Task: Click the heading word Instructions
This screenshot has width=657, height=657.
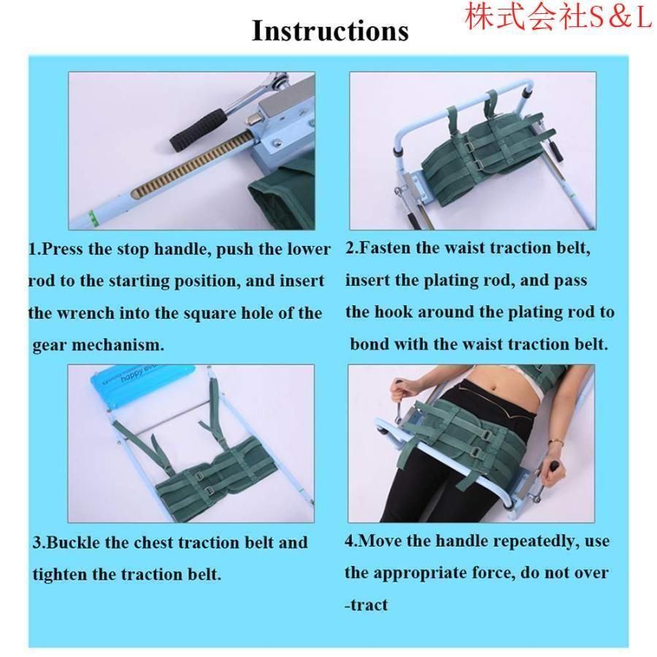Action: point(330,31)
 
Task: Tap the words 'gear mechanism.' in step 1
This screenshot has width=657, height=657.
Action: point(99,345)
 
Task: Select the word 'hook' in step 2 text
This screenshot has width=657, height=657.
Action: point(393,312)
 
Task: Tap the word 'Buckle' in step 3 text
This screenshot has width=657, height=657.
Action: point(74,542)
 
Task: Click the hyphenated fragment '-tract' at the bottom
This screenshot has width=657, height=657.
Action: point(366,604)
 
